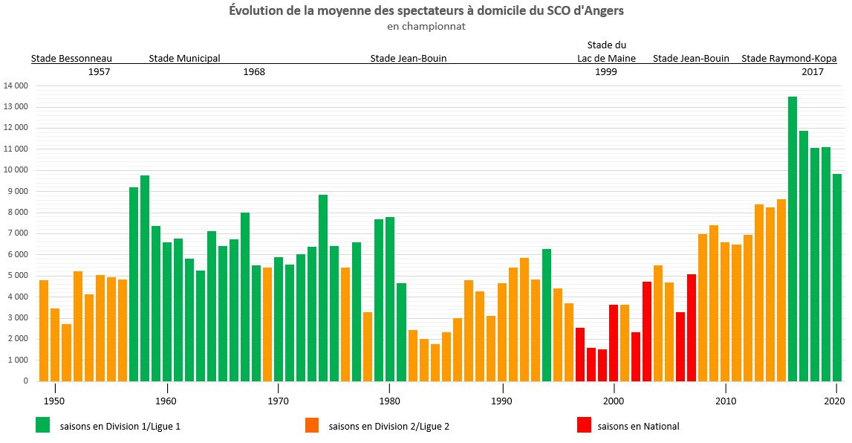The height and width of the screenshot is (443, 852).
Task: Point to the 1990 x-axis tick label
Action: pos(503,401)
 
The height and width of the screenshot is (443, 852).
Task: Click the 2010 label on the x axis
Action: pos(725,401)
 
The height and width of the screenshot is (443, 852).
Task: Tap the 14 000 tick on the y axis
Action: pos(16,86)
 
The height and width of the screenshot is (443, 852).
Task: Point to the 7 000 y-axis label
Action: pos(17,233)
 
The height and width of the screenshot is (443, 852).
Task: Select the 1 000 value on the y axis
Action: pos(17,360)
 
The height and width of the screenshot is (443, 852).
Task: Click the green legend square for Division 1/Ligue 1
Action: pos(43,424)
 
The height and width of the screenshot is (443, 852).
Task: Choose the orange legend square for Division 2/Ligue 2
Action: pos(312,424)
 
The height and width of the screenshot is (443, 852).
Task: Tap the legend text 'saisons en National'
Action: pos(638,426)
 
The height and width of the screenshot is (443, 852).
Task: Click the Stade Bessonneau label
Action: pos(71,59)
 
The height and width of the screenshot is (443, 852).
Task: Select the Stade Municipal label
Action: pos(184,59)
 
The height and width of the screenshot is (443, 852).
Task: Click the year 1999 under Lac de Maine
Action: pos(605,72)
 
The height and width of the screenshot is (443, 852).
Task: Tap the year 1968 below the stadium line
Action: pos(254,72)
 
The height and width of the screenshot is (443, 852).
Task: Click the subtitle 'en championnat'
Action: pos(426,27)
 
